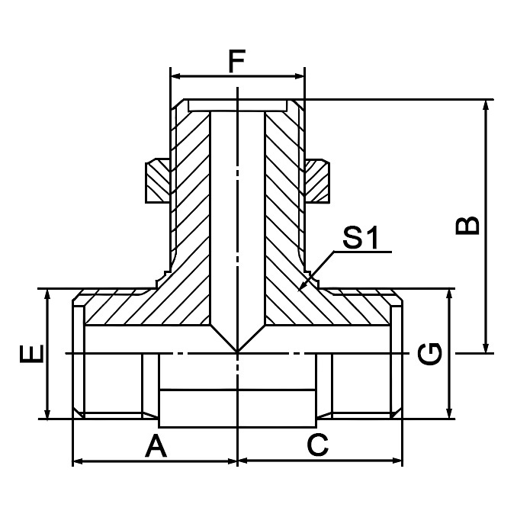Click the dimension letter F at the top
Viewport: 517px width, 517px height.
(237, 60)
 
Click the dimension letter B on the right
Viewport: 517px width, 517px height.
(467, 226)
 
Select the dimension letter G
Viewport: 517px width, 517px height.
(432, 354)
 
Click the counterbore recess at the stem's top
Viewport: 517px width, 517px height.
(238, 105)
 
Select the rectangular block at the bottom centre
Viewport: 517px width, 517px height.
(238, 407)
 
